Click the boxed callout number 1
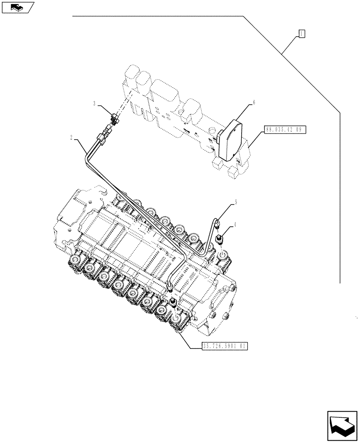[x=301, y=33]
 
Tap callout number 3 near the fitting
[x=94, y=104]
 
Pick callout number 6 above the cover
[x=254, y=102]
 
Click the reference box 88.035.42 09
[x=285, y=130]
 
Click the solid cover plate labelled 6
[x=230, y=141]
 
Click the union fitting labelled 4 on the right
[x=219, y=240]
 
